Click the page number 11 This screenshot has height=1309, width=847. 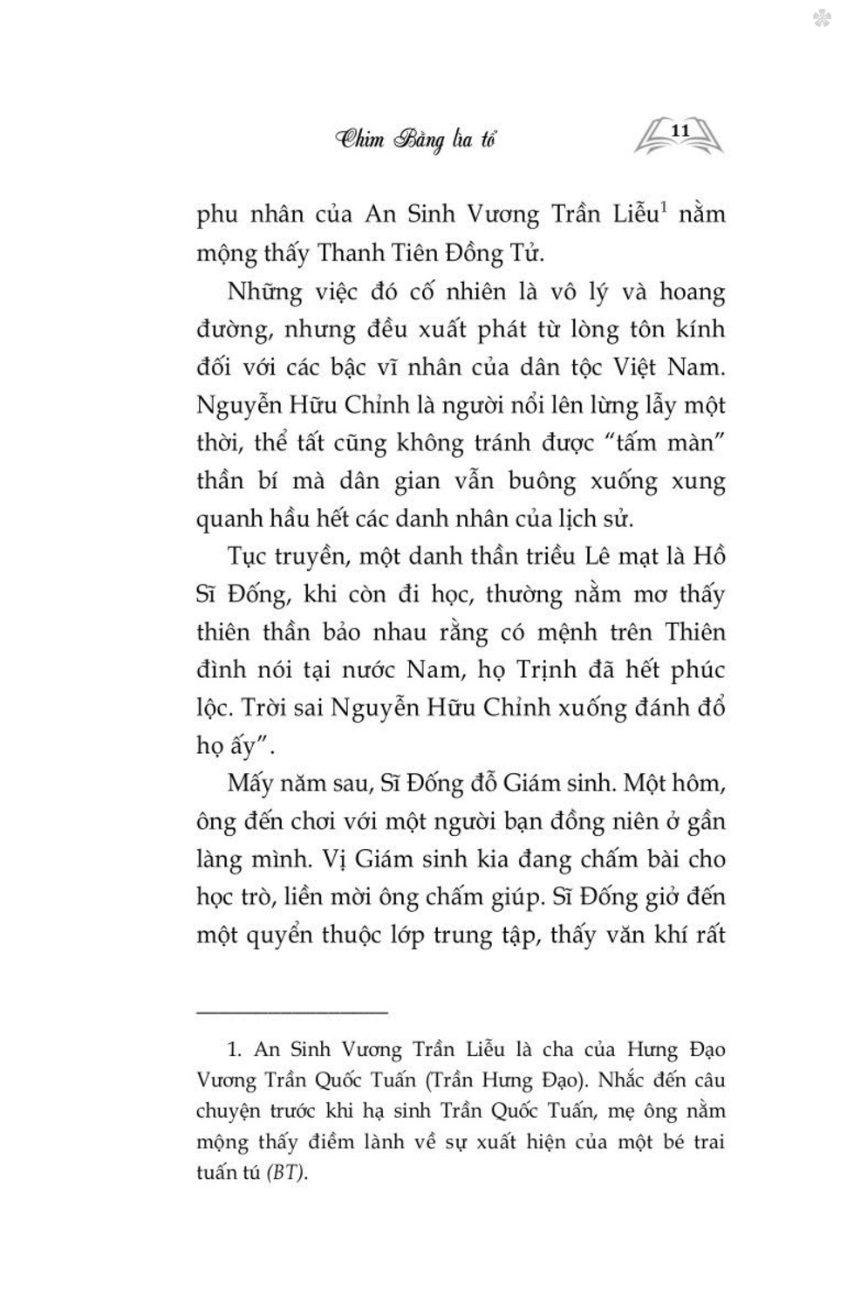coord(680,130)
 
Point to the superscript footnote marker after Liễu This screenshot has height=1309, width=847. coord(663,208)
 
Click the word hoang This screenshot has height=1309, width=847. coord(692,291)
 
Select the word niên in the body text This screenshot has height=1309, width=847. coord(642,821)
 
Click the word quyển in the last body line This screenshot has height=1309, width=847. coord(280,935)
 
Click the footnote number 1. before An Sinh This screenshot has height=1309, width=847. coord(234,1050)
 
